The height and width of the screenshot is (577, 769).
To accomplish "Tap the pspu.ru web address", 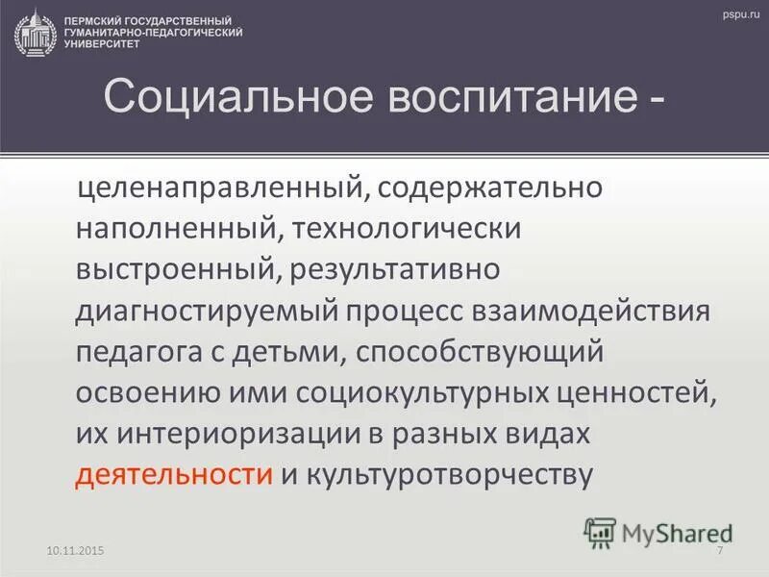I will tap(736, 12).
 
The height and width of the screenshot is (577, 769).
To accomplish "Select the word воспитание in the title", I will tap(480, 99).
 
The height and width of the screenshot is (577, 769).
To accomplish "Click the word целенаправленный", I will tap(219, 188).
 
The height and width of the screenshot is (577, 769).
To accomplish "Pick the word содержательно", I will tap(490, 188).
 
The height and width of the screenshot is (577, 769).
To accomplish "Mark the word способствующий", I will tap(478, 352).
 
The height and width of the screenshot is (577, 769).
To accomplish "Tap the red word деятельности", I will tap(173, 475).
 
